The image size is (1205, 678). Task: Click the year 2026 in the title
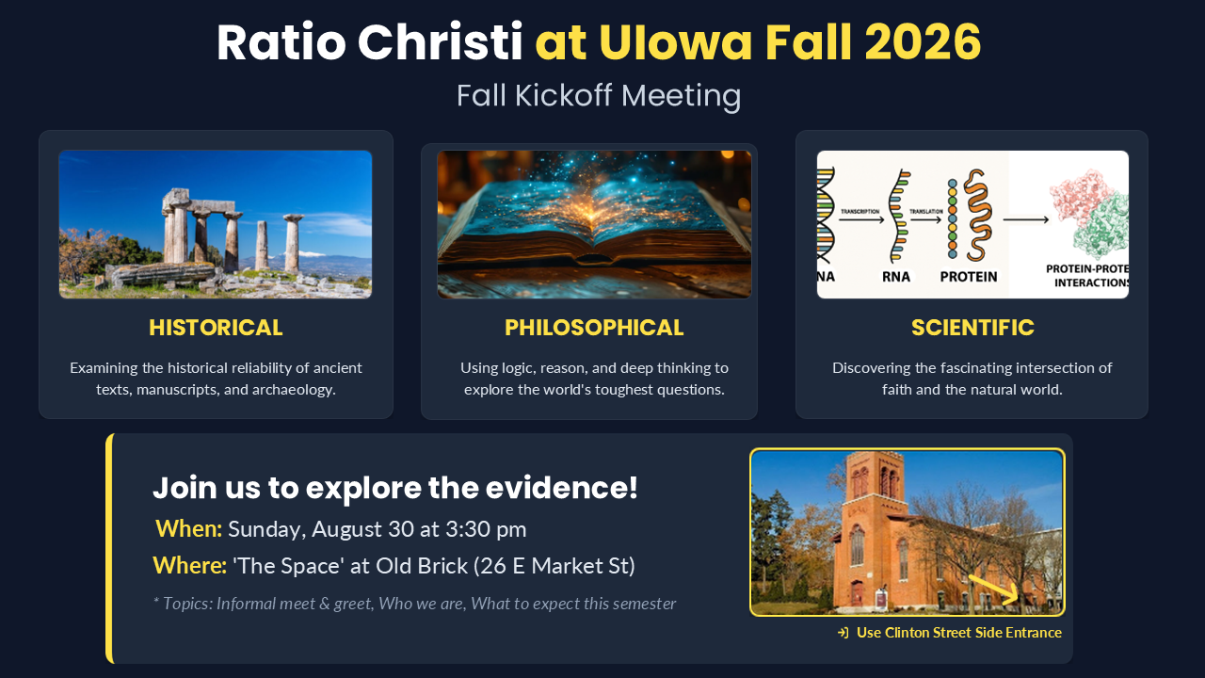923,42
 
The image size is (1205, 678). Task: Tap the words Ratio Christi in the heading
370,42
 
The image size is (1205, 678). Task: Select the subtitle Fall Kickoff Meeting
599,96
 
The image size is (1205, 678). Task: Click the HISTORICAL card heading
216,328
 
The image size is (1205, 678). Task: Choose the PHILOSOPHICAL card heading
594,328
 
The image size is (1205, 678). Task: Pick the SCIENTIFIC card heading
972,328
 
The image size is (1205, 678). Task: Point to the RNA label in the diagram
896,277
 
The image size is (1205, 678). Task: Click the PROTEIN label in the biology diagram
969,277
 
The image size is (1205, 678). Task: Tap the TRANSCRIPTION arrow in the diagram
861,219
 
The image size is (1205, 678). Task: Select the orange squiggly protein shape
978,216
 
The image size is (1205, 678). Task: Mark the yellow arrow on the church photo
993,589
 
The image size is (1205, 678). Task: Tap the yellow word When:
189,529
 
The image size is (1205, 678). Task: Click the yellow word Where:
190,566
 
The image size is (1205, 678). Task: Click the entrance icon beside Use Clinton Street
843,633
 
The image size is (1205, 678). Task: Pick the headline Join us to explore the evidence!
395,488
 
